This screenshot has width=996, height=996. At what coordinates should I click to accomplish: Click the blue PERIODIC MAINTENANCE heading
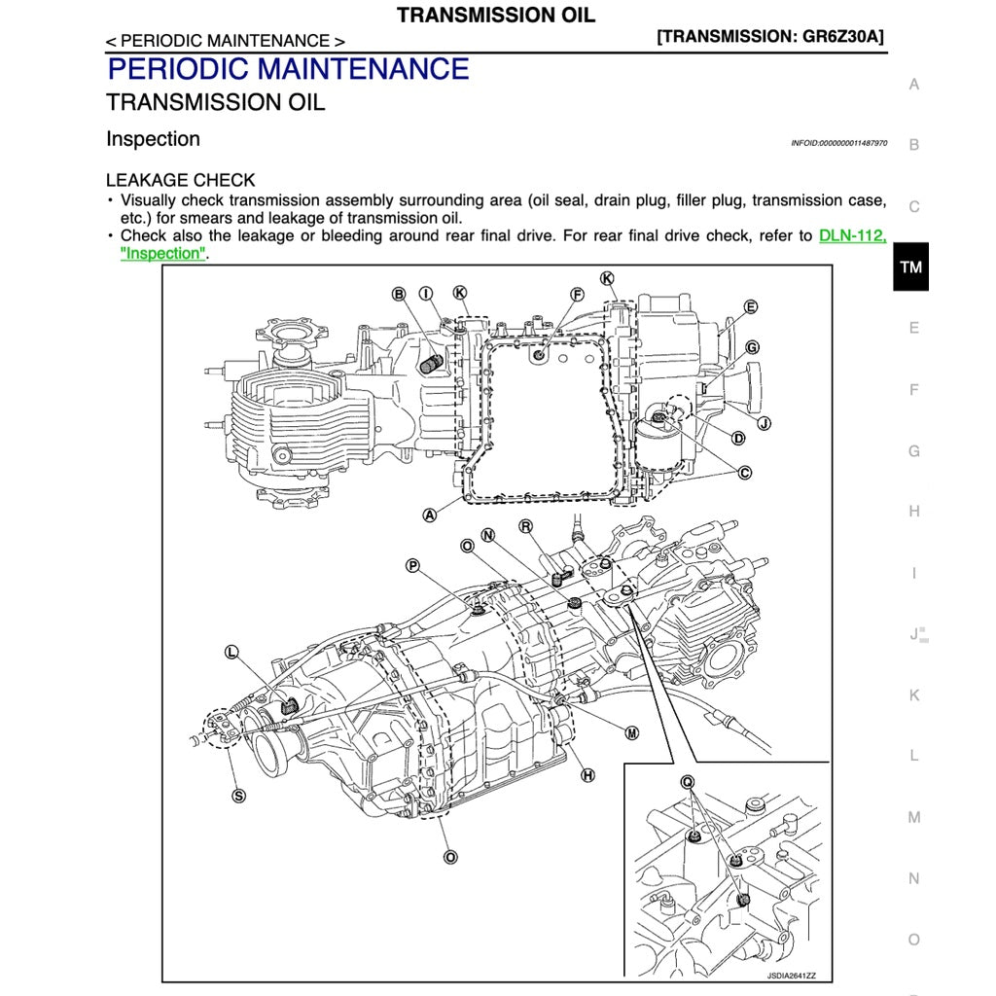288,69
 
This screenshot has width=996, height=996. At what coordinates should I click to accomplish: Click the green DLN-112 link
852,235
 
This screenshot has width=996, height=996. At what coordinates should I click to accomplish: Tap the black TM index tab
910,267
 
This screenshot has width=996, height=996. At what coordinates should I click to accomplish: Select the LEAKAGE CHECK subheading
180,180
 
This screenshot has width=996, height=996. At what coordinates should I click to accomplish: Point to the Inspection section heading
153,139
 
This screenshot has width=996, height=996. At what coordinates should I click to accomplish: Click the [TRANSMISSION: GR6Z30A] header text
770,37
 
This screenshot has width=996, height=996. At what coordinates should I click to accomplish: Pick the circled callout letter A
429,516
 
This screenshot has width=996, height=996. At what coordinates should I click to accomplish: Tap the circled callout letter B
399,294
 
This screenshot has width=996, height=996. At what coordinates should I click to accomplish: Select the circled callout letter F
577,294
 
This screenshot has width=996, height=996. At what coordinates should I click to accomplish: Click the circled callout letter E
751,307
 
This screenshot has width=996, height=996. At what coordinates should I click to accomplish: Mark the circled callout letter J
764,423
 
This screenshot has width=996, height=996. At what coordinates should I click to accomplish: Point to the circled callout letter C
745,474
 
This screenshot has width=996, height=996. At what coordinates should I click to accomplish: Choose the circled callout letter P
412,565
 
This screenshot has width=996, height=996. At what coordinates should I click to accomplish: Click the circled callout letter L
231,652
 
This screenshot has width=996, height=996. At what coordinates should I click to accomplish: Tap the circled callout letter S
238,795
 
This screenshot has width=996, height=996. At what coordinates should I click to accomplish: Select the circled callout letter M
631,733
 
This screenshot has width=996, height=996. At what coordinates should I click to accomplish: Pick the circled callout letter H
587,775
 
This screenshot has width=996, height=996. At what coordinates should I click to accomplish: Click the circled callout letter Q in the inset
688,781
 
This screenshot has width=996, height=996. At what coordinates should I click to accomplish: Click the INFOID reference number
838,143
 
